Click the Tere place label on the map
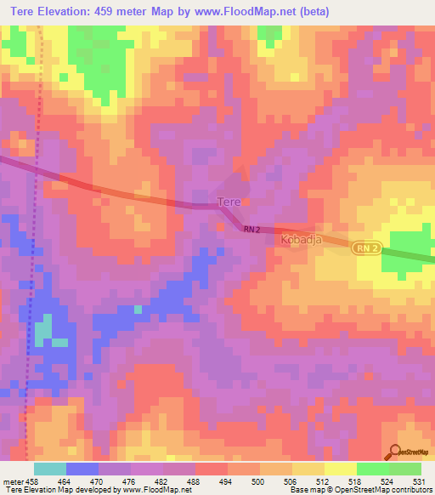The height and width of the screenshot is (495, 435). point(229,202)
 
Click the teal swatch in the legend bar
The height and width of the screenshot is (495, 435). point(50,469)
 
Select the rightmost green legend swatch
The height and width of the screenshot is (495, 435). point(405,469)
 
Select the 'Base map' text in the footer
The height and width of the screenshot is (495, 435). point(303,490)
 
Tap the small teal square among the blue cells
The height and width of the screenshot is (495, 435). point(138,310)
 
